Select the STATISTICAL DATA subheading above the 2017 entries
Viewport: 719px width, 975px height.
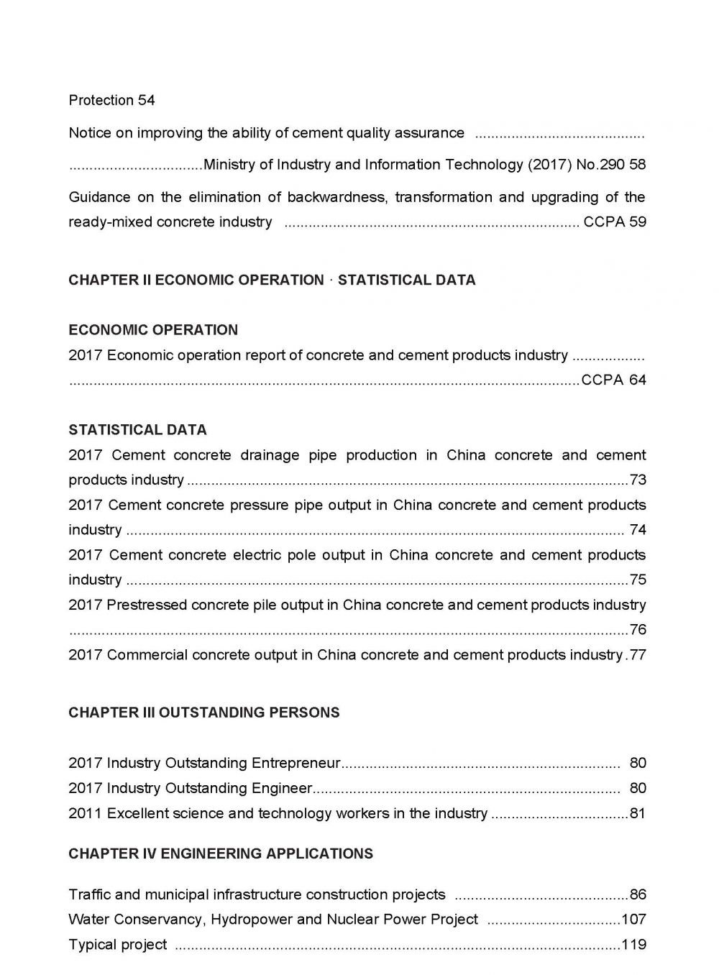[x=137, y=430]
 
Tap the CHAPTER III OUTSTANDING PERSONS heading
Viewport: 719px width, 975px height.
[x=204, y=713]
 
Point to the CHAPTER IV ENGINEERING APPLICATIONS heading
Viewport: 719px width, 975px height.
[x=221, y=853]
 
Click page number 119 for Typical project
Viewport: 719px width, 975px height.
[x=633, y=945]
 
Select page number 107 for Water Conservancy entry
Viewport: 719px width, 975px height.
[x=633, y=920]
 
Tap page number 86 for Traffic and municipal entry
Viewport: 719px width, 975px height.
[x=638, y=895]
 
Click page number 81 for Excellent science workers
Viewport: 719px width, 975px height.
[x=638, y=814]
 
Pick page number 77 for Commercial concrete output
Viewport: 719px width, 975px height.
[x=638, y=655]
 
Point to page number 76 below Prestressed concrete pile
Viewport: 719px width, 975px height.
[x=638, y=631]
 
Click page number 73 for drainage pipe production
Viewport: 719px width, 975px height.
[x=638, y=480]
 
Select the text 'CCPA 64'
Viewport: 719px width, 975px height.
[x=613, y=380]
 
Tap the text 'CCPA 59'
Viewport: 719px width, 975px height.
[x=615, y=222]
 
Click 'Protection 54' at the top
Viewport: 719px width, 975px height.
[x=111, y=101]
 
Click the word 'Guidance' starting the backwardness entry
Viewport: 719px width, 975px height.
[x=99, y=198]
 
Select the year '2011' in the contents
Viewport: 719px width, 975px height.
[x=85, y=814]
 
